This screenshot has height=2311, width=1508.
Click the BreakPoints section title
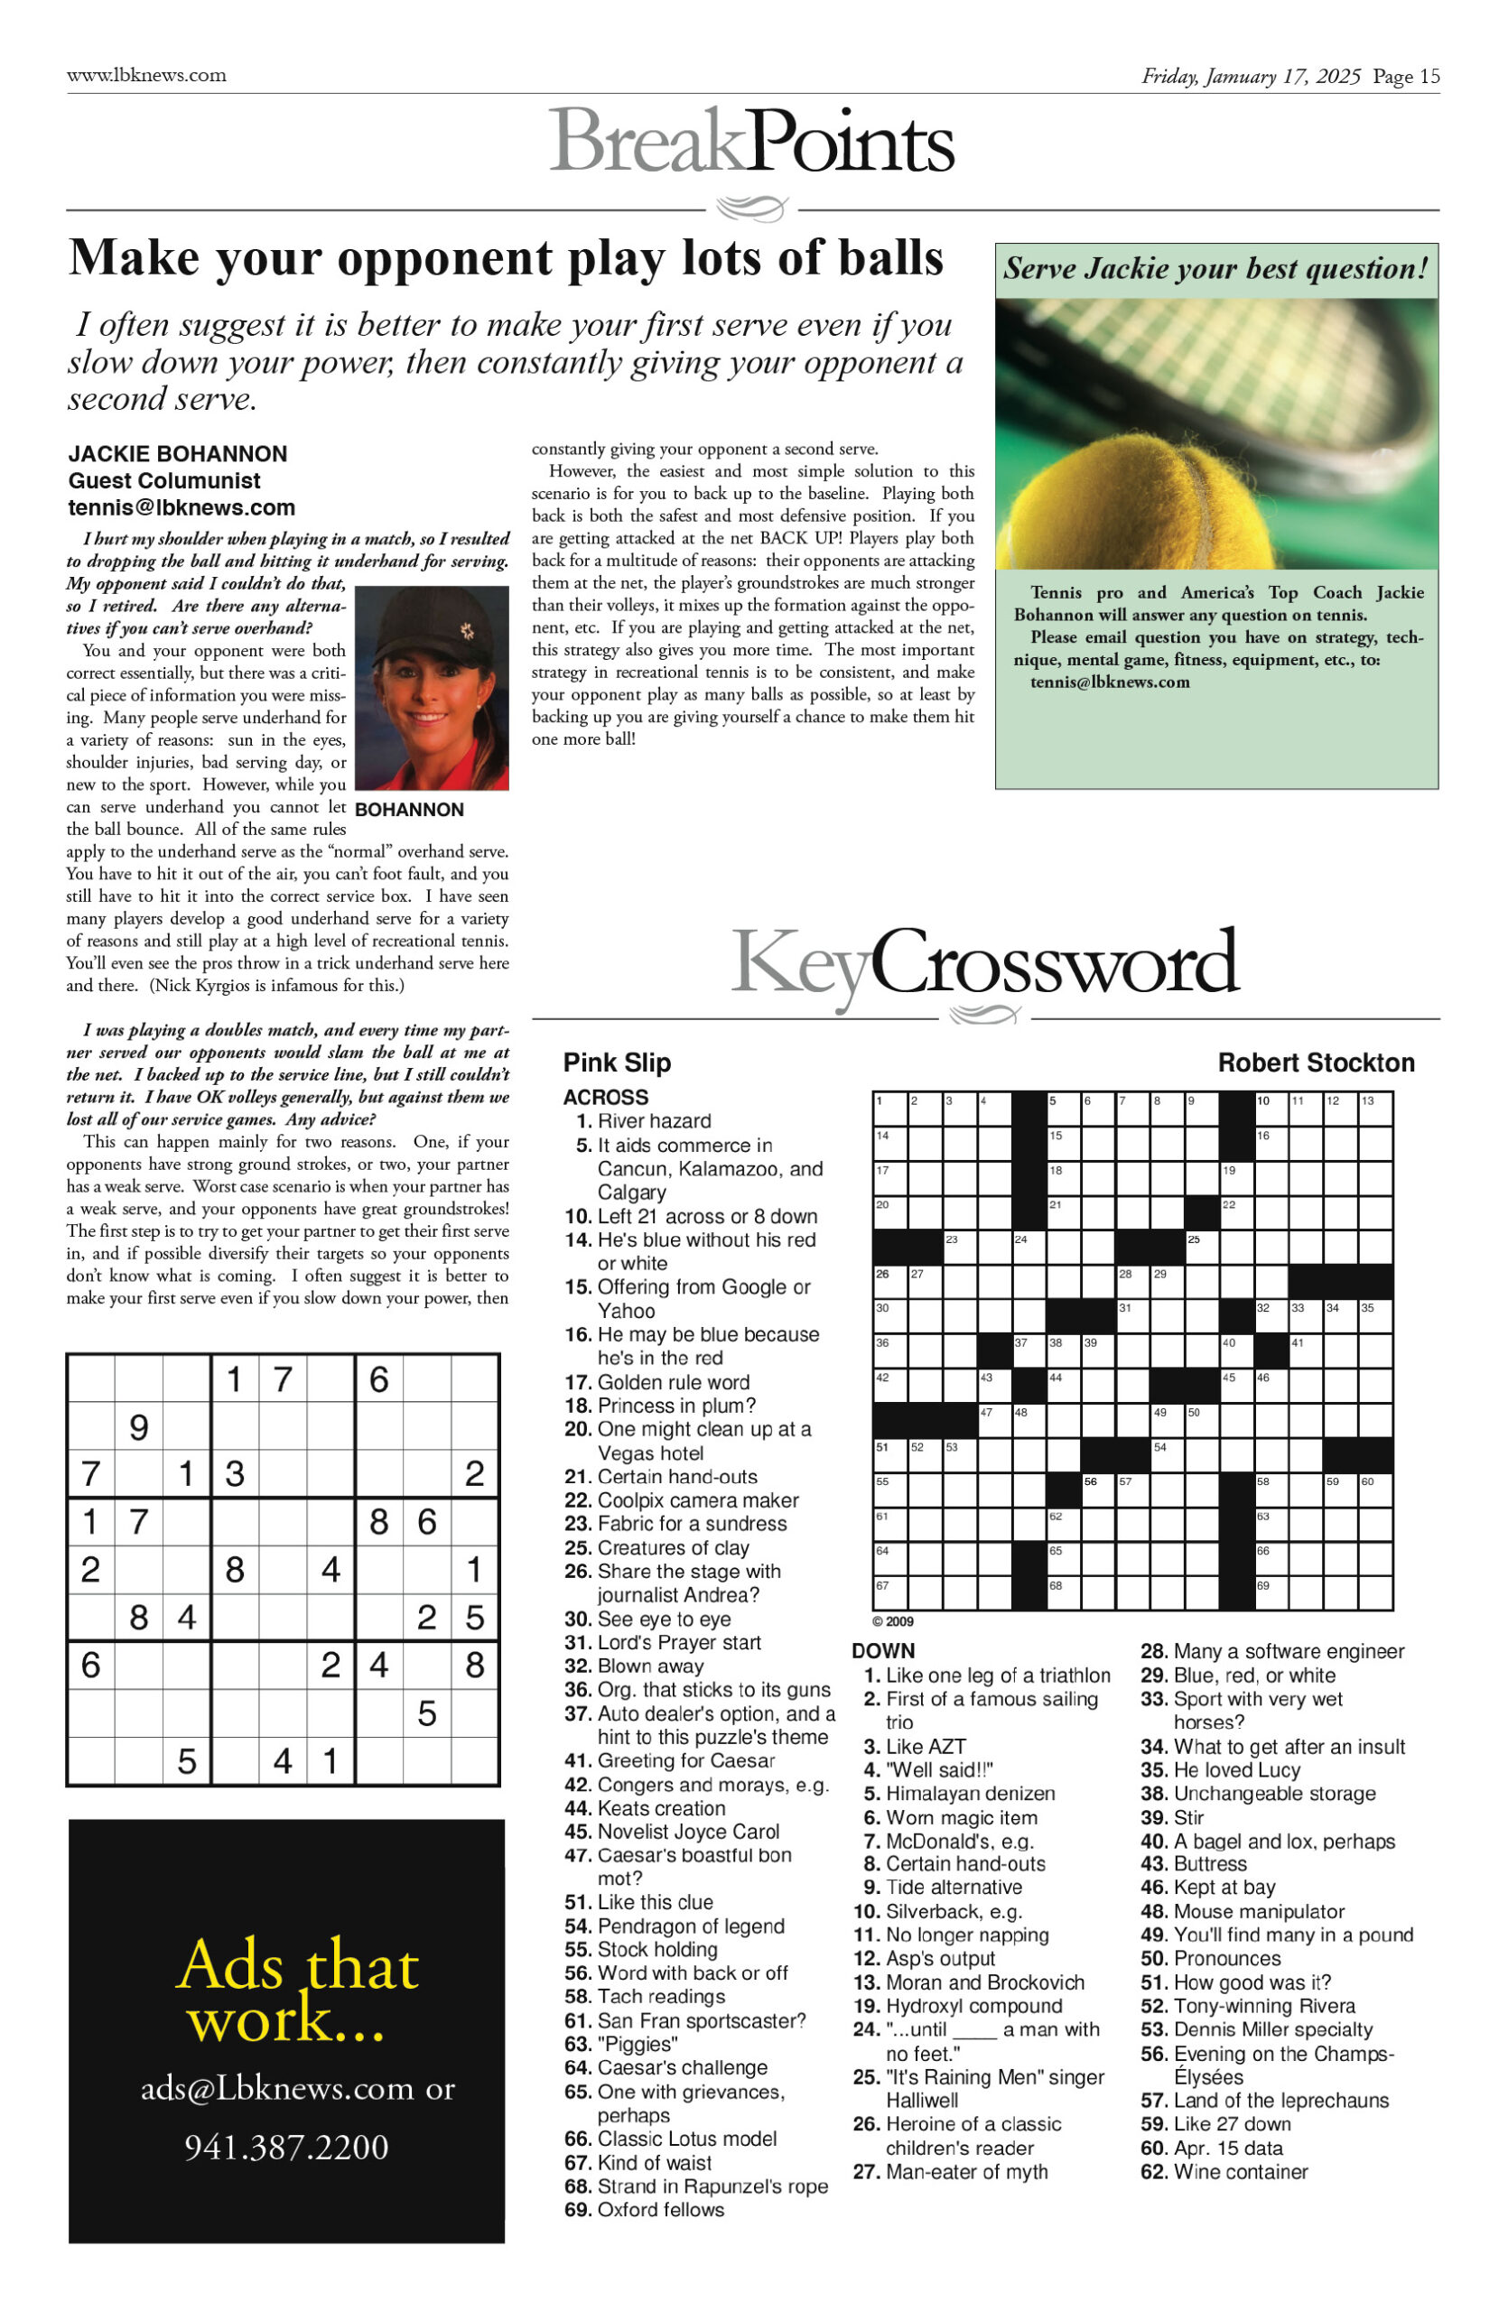[751, 142]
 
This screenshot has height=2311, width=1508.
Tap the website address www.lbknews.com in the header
[146, 76]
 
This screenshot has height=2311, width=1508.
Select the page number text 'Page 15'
[1406, 77]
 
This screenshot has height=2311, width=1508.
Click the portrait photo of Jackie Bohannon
[433, 688]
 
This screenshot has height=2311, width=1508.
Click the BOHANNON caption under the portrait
[409, 810]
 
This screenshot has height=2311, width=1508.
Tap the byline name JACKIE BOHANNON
[178, 454]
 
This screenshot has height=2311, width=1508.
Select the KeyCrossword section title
[984, 964]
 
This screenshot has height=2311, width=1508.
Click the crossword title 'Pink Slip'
[617, 1063]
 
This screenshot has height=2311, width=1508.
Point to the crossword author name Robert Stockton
[1316, 1063]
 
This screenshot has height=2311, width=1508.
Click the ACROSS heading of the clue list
[605, 1097]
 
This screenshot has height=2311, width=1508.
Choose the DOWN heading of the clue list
[882, 1651]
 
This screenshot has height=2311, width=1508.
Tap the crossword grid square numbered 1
[890, 1109]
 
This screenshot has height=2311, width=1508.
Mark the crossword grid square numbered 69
[1272, 1592]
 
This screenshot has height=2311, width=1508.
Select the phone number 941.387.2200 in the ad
[286, 2147]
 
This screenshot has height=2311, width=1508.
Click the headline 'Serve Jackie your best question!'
[1215, 269]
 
